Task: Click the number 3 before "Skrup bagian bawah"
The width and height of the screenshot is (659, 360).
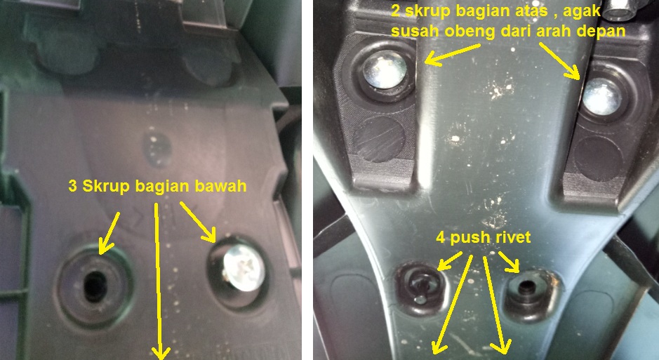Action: click(73, 186)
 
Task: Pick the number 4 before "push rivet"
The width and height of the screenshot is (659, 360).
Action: click(441, 238)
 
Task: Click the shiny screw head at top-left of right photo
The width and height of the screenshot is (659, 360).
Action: click(384, 69)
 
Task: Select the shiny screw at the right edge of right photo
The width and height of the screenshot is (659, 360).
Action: click(602, 97)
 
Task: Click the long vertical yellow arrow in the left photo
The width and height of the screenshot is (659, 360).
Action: click(158, 281)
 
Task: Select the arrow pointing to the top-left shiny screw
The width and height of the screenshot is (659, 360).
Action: click(453, 55)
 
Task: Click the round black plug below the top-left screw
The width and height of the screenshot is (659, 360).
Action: click(380, 139)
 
